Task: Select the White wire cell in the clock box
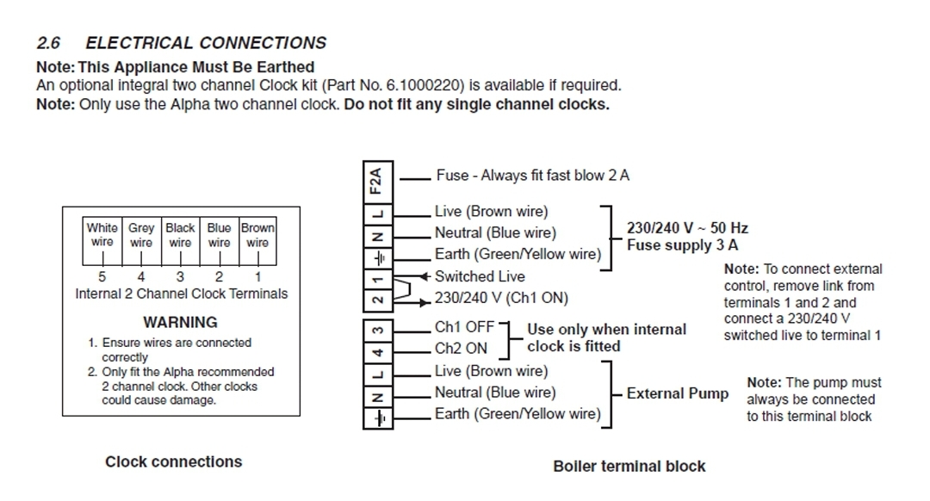102,235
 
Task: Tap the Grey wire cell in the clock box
141,235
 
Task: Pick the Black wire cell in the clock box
180,235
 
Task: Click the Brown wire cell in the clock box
257,235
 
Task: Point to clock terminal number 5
102,277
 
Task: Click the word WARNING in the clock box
180,322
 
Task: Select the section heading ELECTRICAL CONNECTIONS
206,43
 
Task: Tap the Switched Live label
480,276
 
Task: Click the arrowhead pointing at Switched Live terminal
426,276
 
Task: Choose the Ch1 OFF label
465,327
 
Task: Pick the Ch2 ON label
461,349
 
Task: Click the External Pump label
678,393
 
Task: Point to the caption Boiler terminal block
629,466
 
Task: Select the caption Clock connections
173,461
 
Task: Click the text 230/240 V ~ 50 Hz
687,228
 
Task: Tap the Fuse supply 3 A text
682,244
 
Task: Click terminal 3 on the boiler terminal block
376,331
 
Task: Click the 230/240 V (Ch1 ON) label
501,298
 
